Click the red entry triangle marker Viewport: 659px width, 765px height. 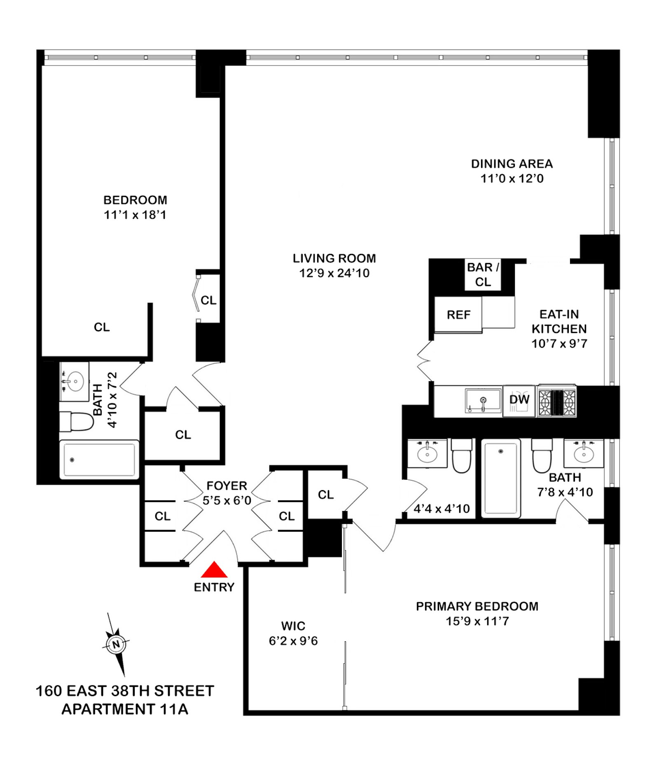click(x=214, y=570)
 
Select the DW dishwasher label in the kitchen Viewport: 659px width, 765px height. click(x=519, y=399)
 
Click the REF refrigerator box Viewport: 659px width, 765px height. click(x=458, y=315)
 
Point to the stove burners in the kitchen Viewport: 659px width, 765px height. click(x=557, y=402)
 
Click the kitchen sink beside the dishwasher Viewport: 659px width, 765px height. click(x=483, y=400)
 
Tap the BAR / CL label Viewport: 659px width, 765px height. click(x=483, y=275)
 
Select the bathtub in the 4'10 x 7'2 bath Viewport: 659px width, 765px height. click(x=99, y=460)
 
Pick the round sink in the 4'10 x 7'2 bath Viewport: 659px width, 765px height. click(x=75, y=382)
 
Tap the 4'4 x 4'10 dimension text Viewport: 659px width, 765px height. click(x=442, y=509)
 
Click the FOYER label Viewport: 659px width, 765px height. click(x=227, y=486)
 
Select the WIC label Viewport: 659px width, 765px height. click(x=293, y=626)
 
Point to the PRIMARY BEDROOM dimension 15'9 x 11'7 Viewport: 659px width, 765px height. click(x=477, y=621)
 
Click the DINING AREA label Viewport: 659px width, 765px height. click(x=512, y=164)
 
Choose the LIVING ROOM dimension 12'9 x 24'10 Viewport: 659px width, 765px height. click(x=334, y=273)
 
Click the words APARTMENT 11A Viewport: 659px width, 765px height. click(x=125, y=709)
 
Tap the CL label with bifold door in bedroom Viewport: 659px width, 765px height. click(x=208, y=300)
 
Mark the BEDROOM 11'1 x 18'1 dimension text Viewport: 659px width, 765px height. click(x=135, y=215)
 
